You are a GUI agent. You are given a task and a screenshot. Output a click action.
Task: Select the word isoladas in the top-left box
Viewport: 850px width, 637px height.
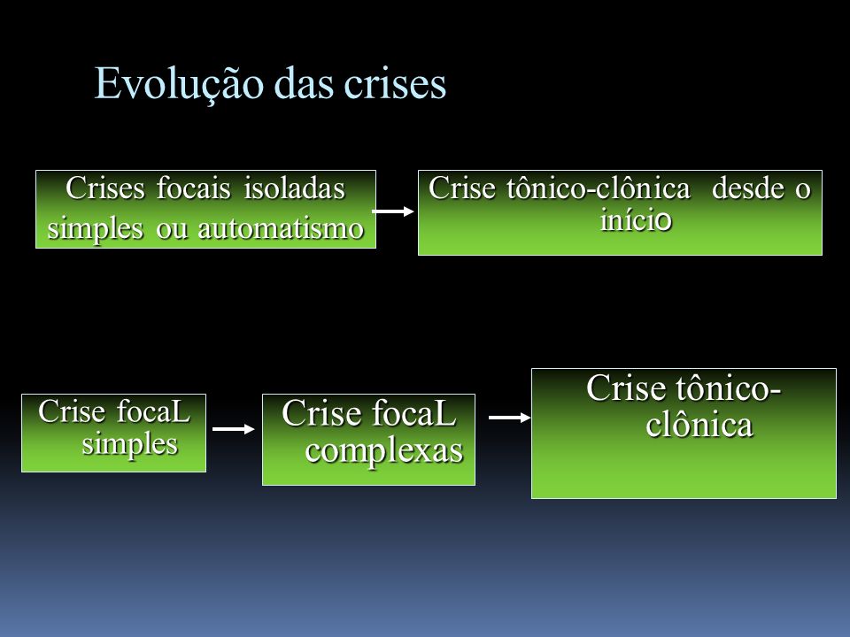(294, 188)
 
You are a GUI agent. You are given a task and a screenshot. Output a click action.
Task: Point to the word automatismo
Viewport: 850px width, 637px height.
(281, 228)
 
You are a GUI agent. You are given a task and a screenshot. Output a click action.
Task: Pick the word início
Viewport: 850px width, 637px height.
(637, 219)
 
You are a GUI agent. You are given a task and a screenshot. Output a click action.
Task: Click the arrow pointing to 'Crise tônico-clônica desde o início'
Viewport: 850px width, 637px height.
(393, 211)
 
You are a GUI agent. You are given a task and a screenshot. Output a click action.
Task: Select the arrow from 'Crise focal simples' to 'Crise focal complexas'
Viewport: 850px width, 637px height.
(234, 429)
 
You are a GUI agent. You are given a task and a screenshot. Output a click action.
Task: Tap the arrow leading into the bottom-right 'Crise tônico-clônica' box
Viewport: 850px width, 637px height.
(510, 417)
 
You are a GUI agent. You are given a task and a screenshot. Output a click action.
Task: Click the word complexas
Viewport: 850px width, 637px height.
(383, 450)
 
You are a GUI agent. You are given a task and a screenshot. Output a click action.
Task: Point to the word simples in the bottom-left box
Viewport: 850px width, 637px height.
(130, 445)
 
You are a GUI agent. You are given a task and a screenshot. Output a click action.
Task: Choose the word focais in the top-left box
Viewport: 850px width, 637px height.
(194, 188)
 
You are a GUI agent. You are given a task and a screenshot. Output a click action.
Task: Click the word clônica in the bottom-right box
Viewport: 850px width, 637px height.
(699, 424)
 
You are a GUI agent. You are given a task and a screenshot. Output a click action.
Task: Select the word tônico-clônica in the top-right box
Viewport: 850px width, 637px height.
(599, 188)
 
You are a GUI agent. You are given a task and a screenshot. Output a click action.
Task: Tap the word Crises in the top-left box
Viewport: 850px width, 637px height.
(105, 188)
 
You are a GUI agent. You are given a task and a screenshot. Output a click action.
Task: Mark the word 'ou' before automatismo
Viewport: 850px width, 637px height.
(171, 229)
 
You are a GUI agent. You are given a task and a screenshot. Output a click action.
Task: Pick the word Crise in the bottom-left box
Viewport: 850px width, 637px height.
(72, 411)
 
